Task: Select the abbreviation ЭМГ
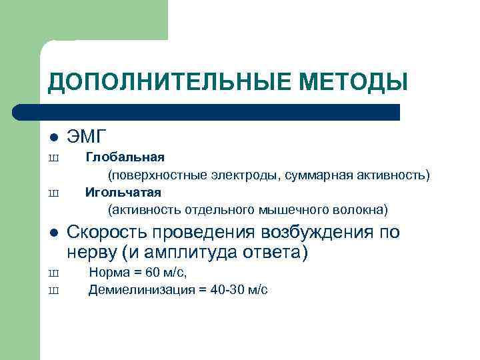[87, 137]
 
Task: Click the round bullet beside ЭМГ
[54, 138]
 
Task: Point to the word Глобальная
[125, 158]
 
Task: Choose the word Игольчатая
[123, 193]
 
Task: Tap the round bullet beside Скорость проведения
[54, 233]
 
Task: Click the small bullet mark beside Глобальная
[54, 159]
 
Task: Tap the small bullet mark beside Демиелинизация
[54, 291]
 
